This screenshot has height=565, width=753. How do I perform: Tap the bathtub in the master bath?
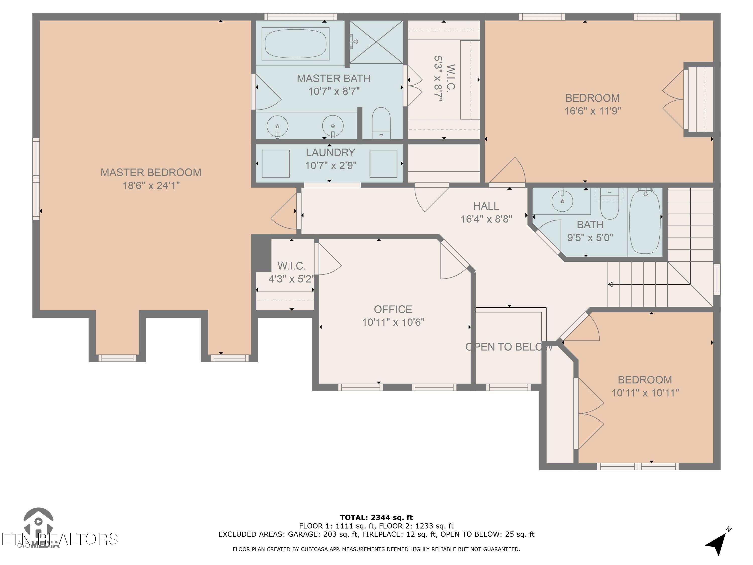tap(295, 44)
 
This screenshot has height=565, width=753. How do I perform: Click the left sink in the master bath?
tap(277, 126)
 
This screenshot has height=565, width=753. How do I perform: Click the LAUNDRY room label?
tap(330, 153)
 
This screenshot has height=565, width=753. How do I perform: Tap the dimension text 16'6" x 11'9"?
tap(592, 111)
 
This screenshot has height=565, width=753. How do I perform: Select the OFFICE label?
tap(393, 309)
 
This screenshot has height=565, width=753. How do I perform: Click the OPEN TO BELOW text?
tap(509, 347)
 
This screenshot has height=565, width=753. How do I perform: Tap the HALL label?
tap(486, 206)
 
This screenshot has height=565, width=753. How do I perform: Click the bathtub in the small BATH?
tap(645, 222)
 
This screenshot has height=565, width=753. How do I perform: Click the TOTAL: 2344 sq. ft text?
tap(376, 518)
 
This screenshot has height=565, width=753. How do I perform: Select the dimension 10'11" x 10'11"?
tap(645, 393)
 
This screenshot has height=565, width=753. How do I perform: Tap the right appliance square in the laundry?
tap(383, 163)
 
